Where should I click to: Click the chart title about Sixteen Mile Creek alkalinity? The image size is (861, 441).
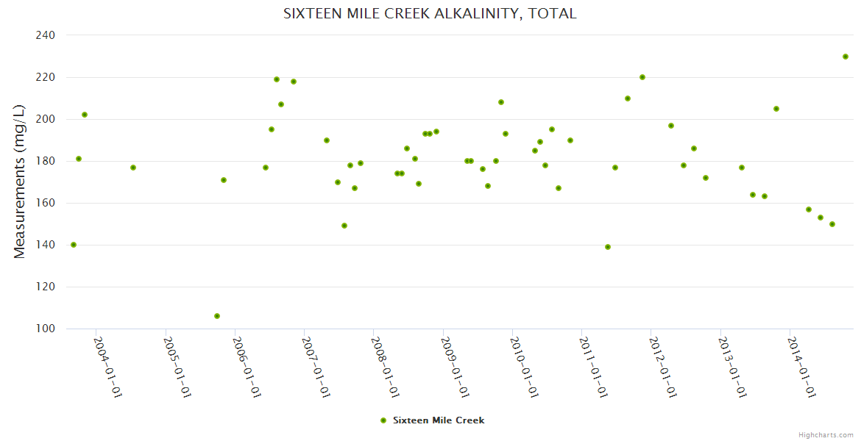click(x=430, y=14)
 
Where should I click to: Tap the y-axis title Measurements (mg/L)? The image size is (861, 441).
click(x=20, y=182)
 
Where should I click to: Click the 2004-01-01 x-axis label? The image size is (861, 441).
click(x=107, y=367)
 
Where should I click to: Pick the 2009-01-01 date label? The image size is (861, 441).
click(x=455, y=367)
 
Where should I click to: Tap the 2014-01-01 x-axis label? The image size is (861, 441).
click(x=802, y=367)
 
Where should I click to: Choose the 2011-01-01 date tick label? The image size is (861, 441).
click(x=594, y=367)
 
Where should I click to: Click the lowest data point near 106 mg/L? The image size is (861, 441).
click(x=217, y=316)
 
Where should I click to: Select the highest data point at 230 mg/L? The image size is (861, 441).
click(x=846, y=57)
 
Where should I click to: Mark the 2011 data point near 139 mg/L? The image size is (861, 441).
click(x=608, y=247)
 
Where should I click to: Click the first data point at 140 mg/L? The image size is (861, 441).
click(x=74, y=245)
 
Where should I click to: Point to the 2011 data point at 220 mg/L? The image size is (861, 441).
click(x=642, y=77)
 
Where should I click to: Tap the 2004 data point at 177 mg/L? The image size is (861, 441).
click(x=133, y=168)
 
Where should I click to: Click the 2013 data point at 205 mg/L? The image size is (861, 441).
click(x=776, y=109)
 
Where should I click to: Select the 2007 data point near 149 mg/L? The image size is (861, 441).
click(x=344, y=226)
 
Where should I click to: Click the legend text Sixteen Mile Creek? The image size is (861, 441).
click(x=439, y=420)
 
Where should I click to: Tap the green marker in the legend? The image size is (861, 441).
click(x=383, y=420)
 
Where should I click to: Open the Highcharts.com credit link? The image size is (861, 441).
click(x=826, y=434)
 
